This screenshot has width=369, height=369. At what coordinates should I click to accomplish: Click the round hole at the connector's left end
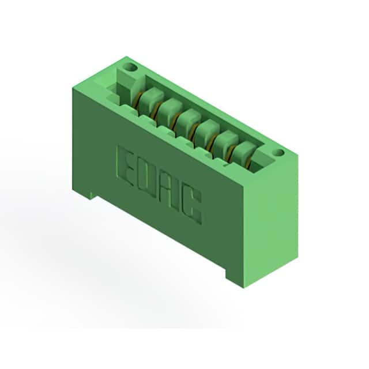click(131, 67)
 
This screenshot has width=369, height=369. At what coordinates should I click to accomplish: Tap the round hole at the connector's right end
click(279, 152)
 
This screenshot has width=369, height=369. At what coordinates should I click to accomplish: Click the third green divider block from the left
click(189, 122)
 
